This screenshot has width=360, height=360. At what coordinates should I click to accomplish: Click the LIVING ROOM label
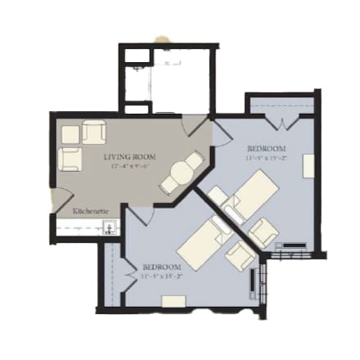[130, 155]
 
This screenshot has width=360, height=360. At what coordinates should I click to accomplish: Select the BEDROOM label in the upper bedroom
[266, 148]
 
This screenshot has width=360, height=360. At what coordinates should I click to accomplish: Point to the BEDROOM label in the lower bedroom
[161, 267]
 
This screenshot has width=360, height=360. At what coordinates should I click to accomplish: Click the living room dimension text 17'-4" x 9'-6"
[130, 165]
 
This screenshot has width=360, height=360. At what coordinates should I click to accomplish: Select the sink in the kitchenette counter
[110, 230]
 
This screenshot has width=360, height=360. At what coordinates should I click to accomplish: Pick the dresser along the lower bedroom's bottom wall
[173, 301]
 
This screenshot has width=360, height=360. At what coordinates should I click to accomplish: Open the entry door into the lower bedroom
[139, 214]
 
